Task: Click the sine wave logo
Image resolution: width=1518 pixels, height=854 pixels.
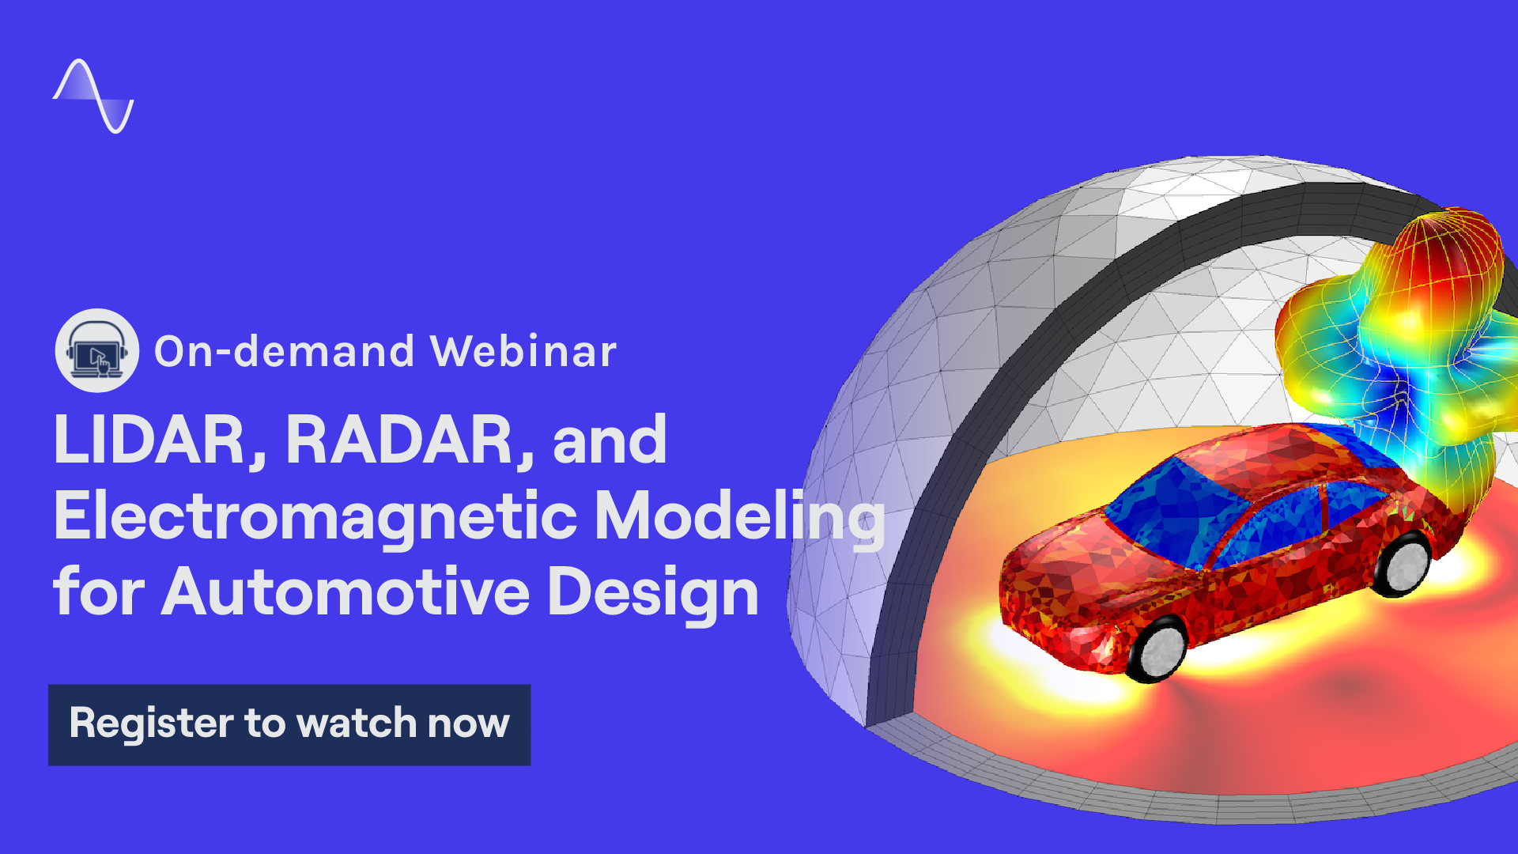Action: (x=93, y=96)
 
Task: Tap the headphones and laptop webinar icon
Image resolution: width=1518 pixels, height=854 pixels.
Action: (x=97, y=351)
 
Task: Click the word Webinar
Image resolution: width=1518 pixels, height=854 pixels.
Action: (x=523, y=351)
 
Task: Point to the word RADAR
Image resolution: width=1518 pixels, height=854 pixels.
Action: (x=399, y=440)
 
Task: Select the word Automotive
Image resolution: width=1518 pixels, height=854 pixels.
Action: (x=345, y=591)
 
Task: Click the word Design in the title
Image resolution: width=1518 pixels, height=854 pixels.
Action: (x=652, y=591)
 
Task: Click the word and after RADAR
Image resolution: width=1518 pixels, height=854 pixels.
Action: (x=610, y=440)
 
